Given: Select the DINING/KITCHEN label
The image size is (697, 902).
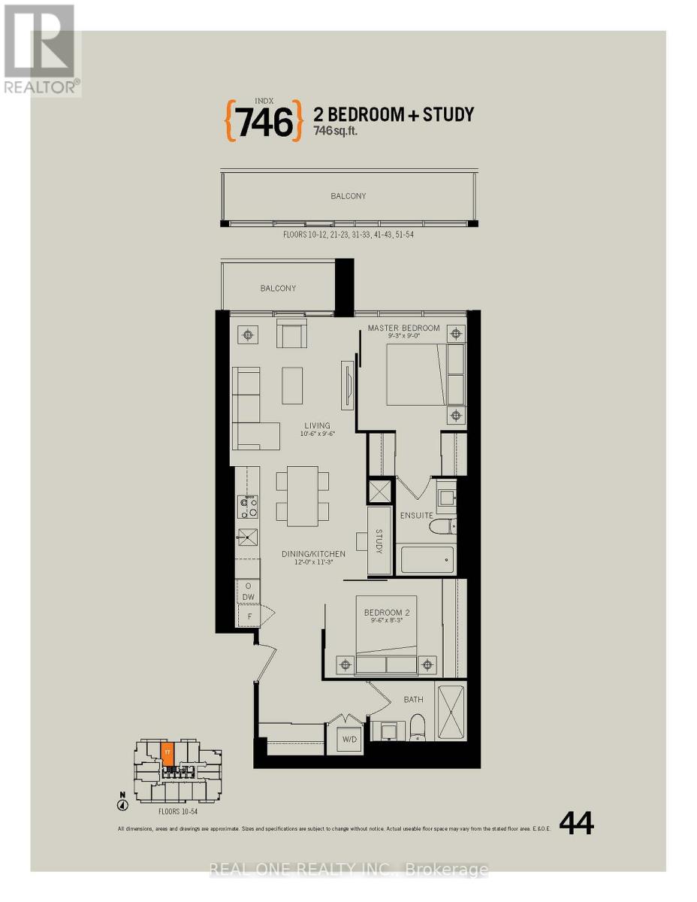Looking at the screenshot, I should [x=313, y=554].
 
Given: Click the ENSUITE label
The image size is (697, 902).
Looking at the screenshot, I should [x=417, y=515].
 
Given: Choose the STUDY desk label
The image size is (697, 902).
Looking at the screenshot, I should [x=379, y=541].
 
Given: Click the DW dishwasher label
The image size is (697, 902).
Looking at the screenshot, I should [x=248, y=598].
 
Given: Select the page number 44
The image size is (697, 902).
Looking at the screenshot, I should [x=577, y=825].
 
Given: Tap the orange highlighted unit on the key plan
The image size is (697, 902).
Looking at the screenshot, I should [x=167, y=754].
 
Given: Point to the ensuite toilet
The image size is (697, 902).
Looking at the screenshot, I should [x=439, y=526].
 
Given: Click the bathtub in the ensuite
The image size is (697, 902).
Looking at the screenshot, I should [x=425, y=559].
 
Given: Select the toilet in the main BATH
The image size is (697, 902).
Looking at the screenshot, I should [x=418, y=726].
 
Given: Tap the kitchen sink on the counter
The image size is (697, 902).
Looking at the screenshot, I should [x=247, y=536].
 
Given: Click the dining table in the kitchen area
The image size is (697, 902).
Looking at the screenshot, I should [x=303, y=496].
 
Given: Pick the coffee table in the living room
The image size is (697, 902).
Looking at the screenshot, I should [x=292, y=385].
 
